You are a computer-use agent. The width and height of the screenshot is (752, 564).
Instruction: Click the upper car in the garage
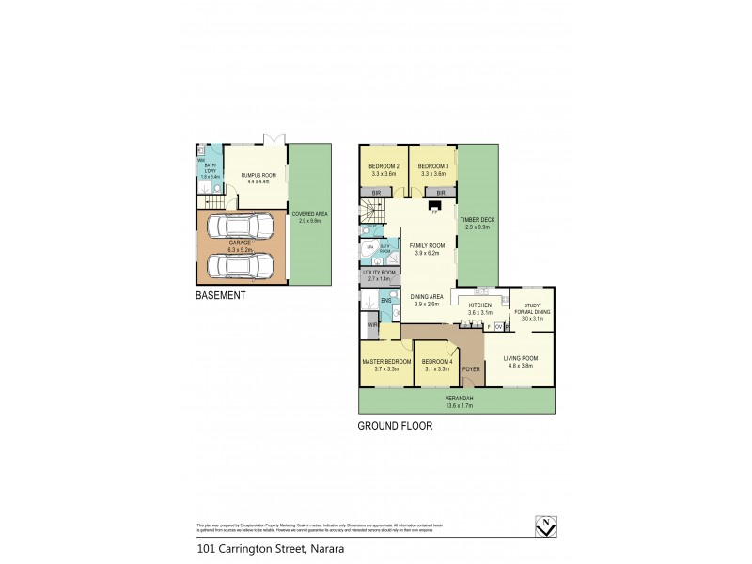241,227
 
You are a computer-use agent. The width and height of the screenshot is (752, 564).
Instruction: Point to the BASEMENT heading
220,295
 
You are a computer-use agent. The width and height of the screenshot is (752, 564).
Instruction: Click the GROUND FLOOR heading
394,425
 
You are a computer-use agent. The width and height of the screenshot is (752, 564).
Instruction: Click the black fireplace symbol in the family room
433,205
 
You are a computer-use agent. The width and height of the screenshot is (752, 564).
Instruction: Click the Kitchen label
480,305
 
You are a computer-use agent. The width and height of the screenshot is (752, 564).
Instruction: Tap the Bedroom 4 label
437,362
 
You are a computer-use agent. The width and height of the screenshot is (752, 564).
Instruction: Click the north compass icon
542,526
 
